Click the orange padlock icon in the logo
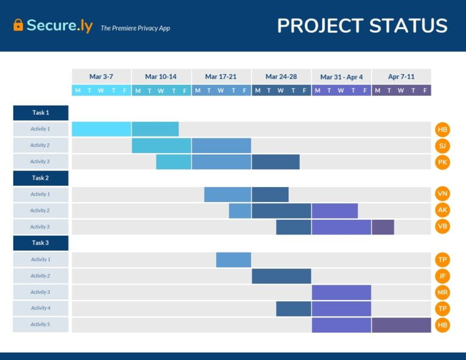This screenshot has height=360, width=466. click(x=18, y=25)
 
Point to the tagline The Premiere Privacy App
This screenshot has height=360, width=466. click(x=135, y=28)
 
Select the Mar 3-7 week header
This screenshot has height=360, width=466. click(x=101, y=76)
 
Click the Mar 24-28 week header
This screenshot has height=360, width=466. click(x=282, y=76)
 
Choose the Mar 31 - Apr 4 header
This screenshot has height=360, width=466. click(x=342, y=76)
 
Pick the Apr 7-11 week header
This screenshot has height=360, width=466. click(x=401, y=76)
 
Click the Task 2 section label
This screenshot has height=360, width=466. click(x=41, y=178)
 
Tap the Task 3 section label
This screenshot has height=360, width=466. click(x=41, y=243)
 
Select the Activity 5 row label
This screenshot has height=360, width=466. click(x=41, y=324)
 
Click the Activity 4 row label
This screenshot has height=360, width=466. click(x=41, y=308)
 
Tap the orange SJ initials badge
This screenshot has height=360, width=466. click(x=442, y=146)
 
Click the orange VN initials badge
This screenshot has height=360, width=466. click(x=442, y=194)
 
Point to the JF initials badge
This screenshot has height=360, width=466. click(x=442, y=276)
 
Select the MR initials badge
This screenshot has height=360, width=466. click(x=442, y=292)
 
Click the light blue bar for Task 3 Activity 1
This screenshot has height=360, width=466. click(x=234, y=259)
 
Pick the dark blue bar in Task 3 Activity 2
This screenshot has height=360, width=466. click(x=282, y=276)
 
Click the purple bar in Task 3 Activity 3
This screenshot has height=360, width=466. click(x=342, y=292)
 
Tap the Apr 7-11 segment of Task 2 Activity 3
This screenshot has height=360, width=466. click(x=383, y=226)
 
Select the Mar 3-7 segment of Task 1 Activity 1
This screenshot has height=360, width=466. click(x=101, y=129)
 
